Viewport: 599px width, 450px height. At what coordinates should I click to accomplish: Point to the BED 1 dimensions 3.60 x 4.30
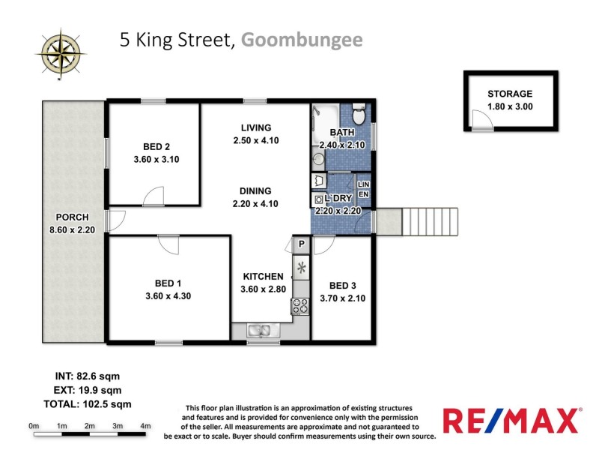[x=168, y=295]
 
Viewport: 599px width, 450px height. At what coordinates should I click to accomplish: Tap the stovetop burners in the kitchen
[x=301, y=305]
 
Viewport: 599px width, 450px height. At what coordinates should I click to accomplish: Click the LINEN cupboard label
[x=364, y=189]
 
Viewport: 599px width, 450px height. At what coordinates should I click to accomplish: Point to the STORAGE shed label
[x=510, y=94]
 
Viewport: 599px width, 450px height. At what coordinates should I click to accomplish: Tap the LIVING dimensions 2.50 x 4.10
[x=256, y=140]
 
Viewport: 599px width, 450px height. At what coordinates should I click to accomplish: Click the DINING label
[x=255, y=190]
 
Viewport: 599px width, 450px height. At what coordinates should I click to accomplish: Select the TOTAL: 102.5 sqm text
[x=82, y=403]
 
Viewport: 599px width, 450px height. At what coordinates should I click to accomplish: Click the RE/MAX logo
[x=511, y=420]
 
